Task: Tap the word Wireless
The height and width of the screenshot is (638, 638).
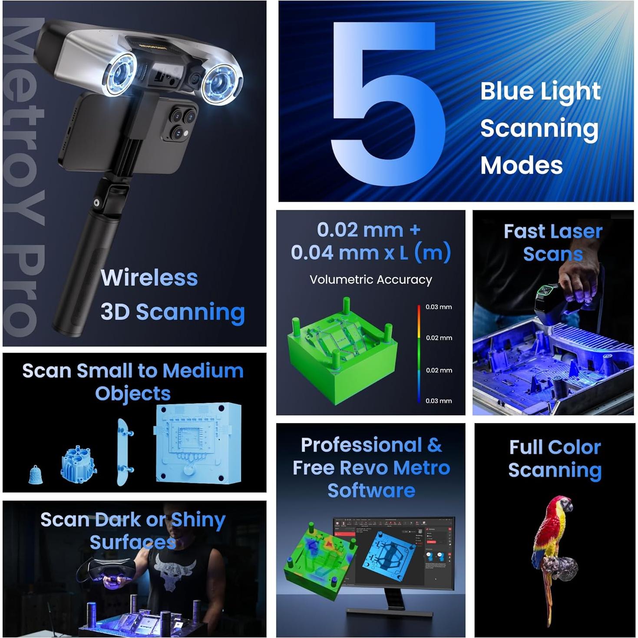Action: tap(149, 278)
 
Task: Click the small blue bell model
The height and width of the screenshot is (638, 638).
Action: tap(36, 474)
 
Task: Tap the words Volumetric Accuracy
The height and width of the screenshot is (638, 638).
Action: tap(370, 280)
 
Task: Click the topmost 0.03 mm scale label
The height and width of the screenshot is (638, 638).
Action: tap(438, 307)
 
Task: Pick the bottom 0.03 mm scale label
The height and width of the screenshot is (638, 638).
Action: tap(438, 401)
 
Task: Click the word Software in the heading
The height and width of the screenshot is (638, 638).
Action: tap(371, 490)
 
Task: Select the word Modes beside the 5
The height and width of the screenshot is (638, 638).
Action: tap(521, 165)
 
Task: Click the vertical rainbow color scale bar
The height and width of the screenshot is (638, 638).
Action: tap(419, 354)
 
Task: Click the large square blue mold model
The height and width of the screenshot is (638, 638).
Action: tap(198, 443)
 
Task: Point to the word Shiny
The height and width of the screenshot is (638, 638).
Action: tap(198, 520)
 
